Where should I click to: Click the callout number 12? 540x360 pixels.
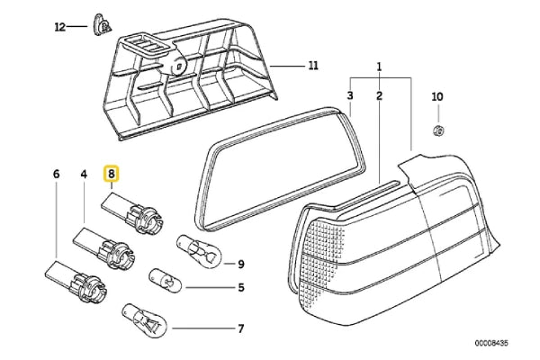(60, 27)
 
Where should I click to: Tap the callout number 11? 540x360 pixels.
(313, 66)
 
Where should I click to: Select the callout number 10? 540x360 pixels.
(437, 95)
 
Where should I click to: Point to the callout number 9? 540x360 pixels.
(241, 263)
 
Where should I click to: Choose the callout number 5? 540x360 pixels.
(241, 288)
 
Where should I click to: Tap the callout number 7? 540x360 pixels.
(241, 328)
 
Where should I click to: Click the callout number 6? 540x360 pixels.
(57, 173)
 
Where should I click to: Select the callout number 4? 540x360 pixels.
(84, 173)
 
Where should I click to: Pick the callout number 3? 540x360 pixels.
(351, 95)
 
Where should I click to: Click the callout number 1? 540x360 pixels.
(380, 66)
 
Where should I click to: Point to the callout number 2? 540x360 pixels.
(380, 95)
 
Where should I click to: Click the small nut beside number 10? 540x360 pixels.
(438, 130)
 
